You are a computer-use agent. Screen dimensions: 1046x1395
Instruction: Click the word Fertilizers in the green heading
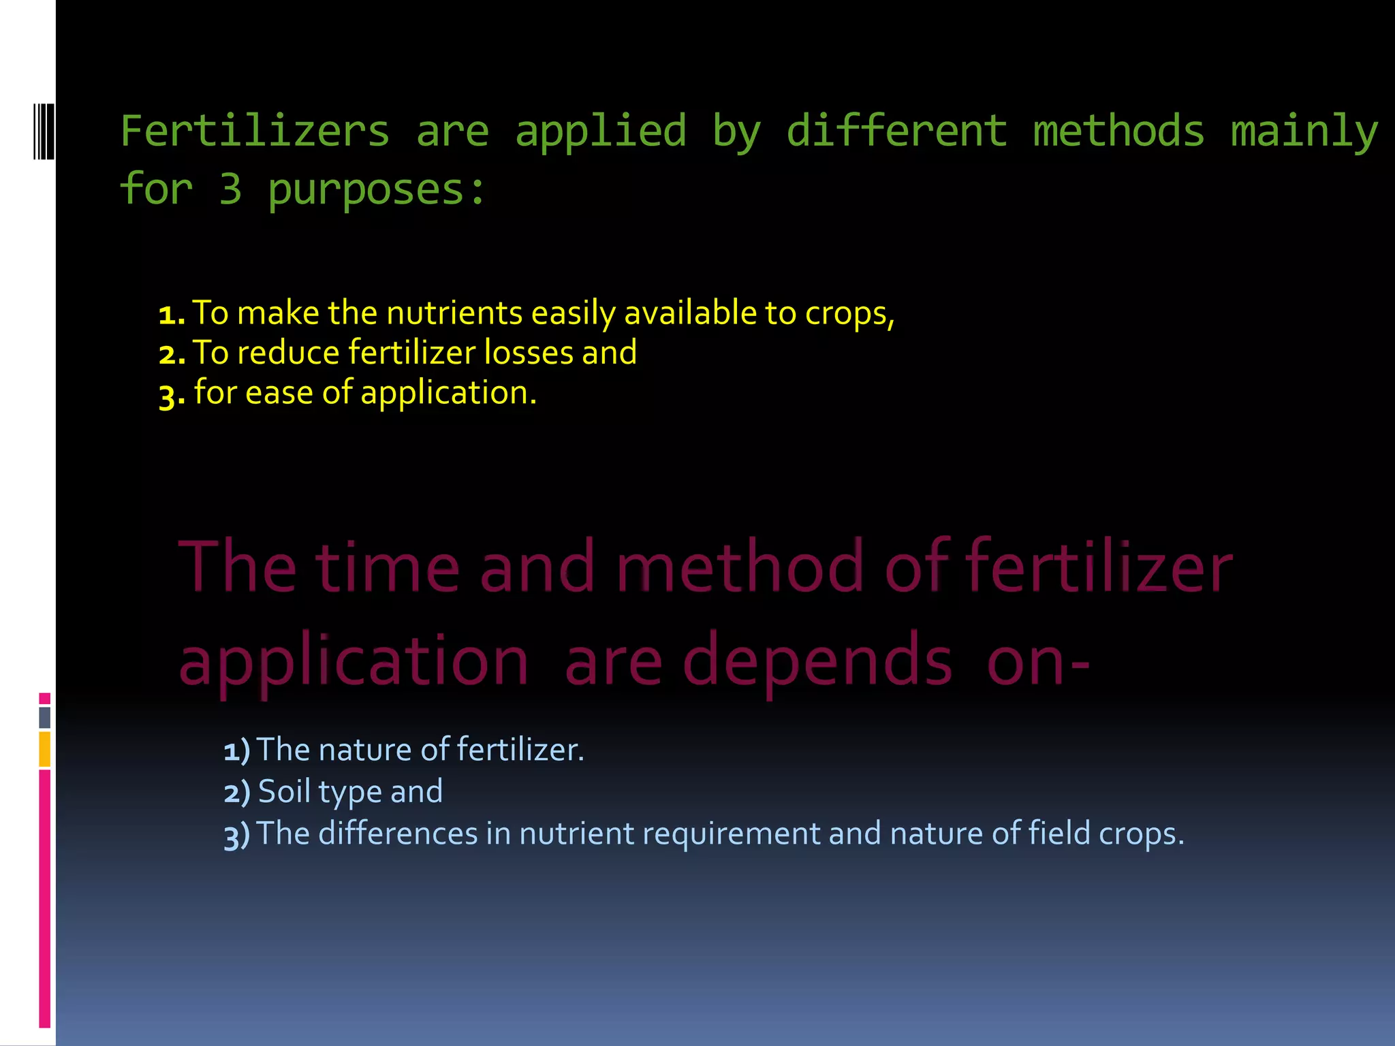255,131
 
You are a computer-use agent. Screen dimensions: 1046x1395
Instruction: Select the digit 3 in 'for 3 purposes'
231,189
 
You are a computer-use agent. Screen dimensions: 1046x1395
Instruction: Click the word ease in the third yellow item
279,393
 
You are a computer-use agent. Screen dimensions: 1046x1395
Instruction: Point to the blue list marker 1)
236,750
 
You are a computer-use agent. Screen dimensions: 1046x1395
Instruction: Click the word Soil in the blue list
284,791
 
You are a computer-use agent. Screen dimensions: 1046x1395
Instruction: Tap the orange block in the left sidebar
45,749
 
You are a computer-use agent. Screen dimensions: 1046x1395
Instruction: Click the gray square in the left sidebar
45,717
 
